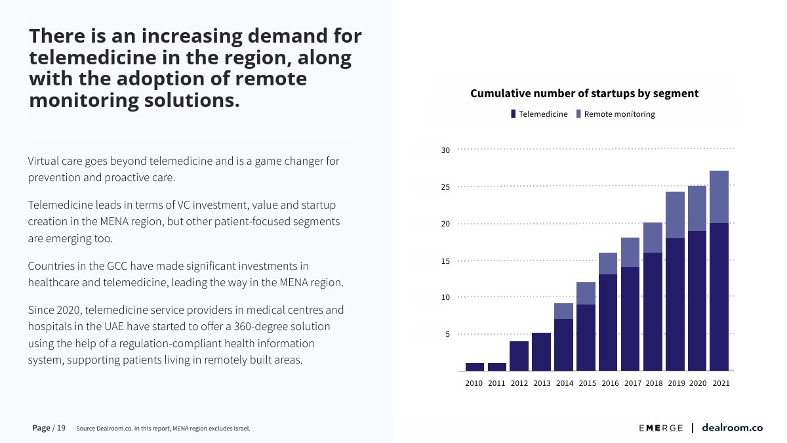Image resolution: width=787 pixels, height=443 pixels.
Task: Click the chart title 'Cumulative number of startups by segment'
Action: point(584,94)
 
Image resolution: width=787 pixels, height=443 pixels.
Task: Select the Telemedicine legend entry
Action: point(539,114)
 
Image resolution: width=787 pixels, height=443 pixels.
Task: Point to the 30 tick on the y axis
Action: point(445,150)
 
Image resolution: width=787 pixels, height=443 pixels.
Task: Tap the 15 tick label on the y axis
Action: point(445,261)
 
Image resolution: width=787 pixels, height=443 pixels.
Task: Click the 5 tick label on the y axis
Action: point(447,334)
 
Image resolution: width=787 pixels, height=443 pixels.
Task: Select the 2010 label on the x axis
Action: point(474,383)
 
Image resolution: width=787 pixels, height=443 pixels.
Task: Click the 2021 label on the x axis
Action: point(721,383)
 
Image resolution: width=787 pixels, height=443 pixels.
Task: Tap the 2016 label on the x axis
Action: point(609,383)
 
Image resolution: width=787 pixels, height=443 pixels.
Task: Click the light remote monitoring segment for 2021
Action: point(719,197)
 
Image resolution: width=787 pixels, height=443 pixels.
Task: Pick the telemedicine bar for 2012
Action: point(519,356)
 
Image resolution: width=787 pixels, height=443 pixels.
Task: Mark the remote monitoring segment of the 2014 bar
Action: point(563,311)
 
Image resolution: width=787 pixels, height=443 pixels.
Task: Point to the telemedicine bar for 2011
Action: point(496,367)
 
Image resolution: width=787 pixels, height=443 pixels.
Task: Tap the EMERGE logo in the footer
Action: point(661,428)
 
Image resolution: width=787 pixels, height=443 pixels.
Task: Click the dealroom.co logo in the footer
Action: point(732,428)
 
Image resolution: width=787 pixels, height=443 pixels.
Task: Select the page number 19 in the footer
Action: point(61,428)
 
